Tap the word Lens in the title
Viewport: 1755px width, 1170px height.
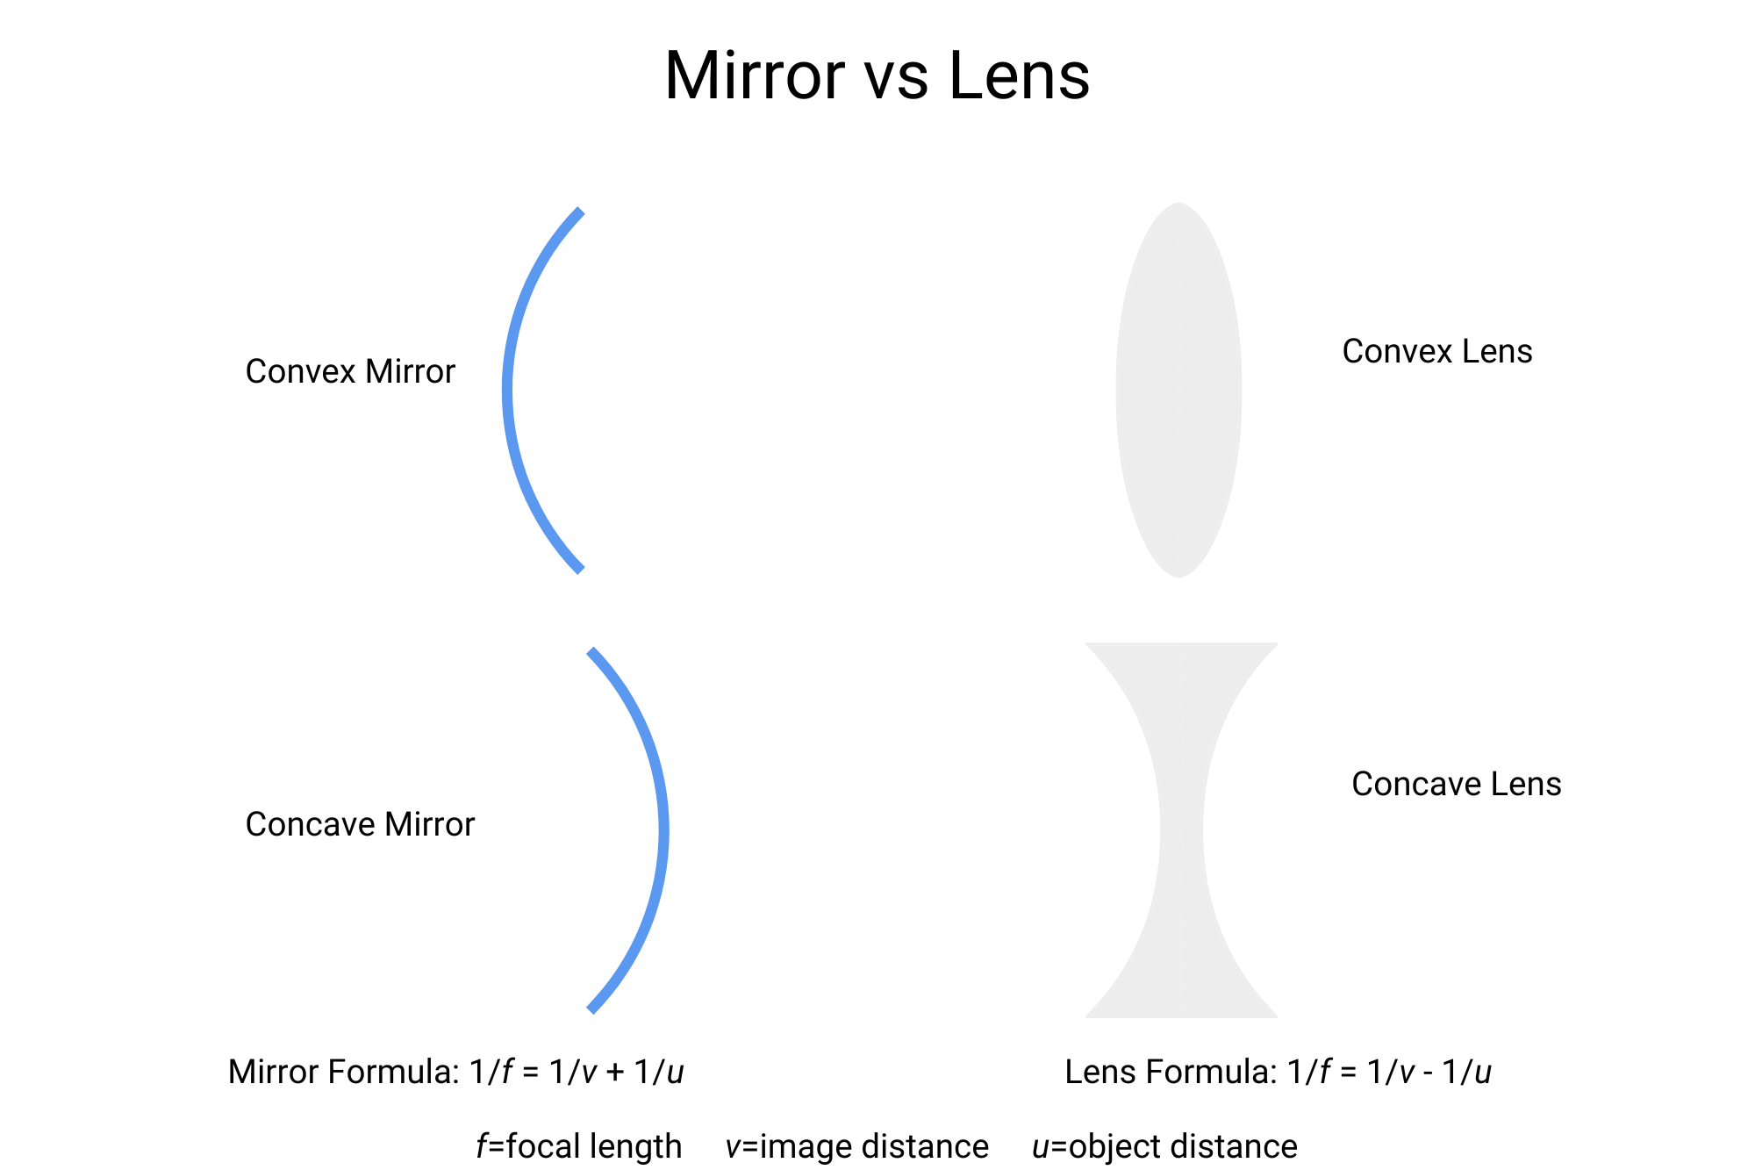(1019, 76)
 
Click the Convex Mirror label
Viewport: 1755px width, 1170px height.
(350, 372)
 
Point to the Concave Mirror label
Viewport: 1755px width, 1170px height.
(360, 825)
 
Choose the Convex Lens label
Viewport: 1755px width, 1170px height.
(1436, 352)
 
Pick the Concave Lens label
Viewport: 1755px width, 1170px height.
(1456, 785)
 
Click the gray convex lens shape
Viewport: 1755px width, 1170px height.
(1178, 391)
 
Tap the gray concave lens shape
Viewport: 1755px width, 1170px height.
(1181, 830)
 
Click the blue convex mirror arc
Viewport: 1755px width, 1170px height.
(508, 391)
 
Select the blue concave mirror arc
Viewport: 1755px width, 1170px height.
(663, 830)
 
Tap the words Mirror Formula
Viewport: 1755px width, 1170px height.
(343, 1073)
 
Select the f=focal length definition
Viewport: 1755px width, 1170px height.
(578, 1147)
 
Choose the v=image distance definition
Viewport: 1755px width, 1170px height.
(856, 1147)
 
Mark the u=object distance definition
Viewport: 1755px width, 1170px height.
(1164, 1147)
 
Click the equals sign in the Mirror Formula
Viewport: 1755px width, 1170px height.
(530, 1073)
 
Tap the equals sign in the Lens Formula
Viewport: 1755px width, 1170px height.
(1349, 1073)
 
